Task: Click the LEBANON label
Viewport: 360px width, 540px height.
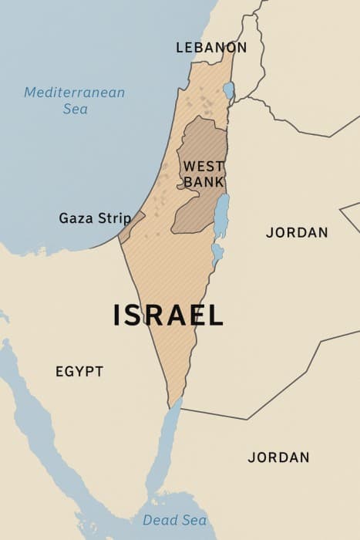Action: [211, 48]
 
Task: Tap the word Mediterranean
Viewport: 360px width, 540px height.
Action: [74, 93]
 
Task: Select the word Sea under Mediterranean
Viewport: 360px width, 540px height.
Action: [75, 109]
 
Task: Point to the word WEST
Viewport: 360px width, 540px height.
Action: [204, 166]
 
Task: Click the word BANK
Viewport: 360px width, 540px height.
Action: [204, 182]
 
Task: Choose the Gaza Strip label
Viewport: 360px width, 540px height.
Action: [95, 218]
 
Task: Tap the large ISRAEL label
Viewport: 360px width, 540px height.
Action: [168, 315]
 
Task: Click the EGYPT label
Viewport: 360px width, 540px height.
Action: [79, 372]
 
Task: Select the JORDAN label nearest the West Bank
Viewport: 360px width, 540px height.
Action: [297, 232]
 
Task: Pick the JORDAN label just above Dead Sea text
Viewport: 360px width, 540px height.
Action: [278, 457]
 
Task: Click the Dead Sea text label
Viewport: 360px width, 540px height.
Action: [174, 520]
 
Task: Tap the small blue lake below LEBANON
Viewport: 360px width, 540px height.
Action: [228, 90]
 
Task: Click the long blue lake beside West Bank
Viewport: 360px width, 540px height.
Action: [221, 216]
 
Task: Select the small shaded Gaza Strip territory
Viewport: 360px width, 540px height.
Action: [131, 225]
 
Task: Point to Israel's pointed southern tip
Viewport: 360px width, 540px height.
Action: [171, 403]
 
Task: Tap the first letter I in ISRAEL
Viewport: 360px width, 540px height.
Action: [117, 315]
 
